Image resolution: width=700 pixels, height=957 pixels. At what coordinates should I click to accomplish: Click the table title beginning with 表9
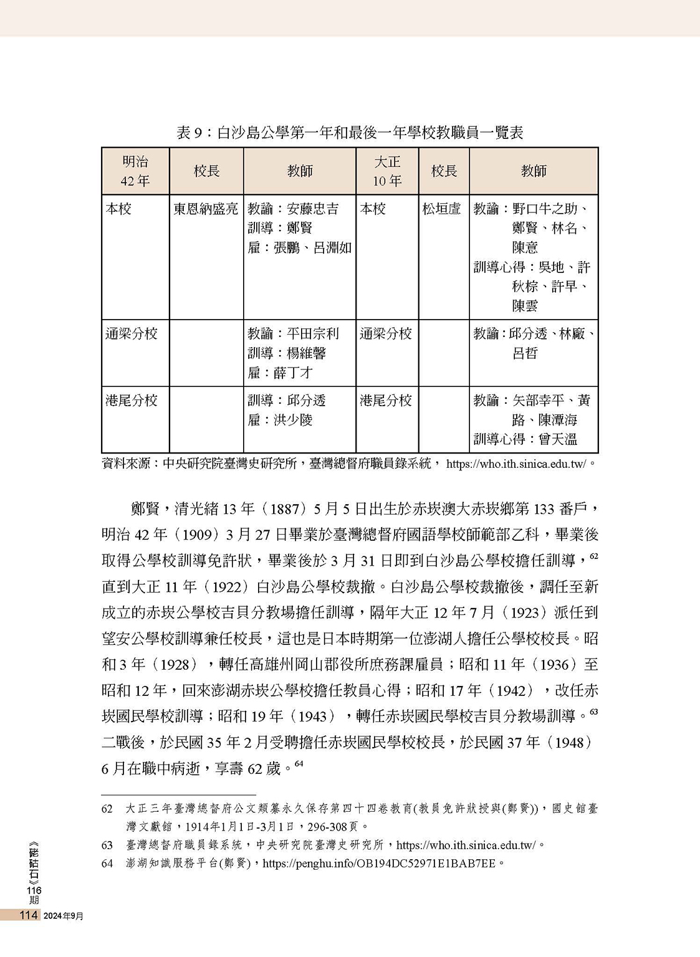point(350,132)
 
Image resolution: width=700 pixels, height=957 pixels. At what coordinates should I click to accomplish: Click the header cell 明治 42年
point(135,171)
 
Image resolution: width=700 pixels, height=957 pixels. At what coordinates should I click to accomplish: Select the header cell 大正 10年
point(387,171)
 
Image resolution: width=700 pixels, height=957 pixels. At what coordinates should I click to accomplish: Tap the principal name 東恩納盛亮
point(206,209)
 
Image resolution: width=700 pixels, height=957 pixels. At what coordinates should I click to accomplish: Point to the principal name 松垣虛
point(441,209)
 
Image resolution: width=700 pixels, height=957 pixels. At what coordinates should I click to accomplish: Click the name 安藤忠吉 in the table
point(313,209)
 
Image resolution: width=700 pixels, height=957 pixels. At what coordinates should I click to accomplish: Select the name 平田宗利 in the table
point(313,334)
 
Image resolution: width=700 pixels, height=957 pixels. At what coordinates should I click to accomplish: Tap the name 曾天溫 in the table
point(558,439)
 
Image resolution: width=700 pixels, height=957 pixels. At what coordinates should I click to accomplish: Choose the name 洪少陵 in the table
point(293,420)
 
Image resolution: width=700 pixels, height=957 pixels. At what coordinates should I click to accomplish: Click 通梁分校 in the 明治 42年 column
point(132,334)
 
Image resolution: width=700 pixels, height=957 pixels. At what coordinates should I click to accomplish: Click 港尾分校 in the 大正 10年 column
point(386,401)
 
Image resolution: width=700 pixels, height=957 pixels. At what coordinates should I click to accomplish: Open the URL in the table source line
point(517,464)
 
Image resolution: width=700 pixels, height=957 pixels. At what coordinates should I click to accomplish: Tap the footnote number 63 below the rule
point(107,845)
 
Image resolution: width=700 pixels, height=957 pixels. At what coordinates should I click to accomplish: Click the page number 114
point(29,915)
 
